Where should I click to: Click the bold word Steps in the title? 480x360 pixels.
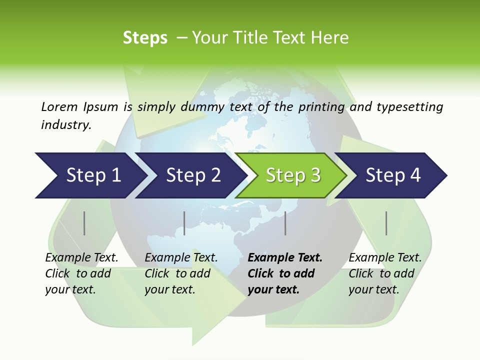coord(145,38)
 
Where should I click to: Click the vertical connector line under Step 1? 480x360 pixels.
coord(84,223)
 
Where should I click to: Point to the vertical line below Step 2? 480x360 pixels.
coord(184,223)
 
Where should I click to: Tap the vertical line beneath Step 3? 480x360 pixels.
coord(285,223)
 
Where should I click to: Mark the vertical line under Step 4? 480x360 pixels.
coord(386,223)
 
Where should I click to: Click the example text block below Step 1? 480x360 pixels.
coord(81,273)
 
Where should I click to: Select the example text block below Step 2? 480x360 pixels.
coord(181,273)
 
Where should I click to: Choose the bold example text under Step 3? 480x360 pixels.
coord(285,273)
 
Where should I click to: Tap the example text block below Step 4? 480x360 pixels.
coord(385,273)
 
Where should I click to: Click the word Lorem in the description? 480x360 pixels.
coord(59,107)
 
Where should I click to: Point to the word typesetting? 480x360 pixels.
coord(409,107)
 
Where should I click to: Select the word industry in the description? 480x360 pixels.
coord(66,125)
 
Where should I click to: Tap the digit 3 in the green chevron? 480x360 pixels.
coord(315,175)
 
